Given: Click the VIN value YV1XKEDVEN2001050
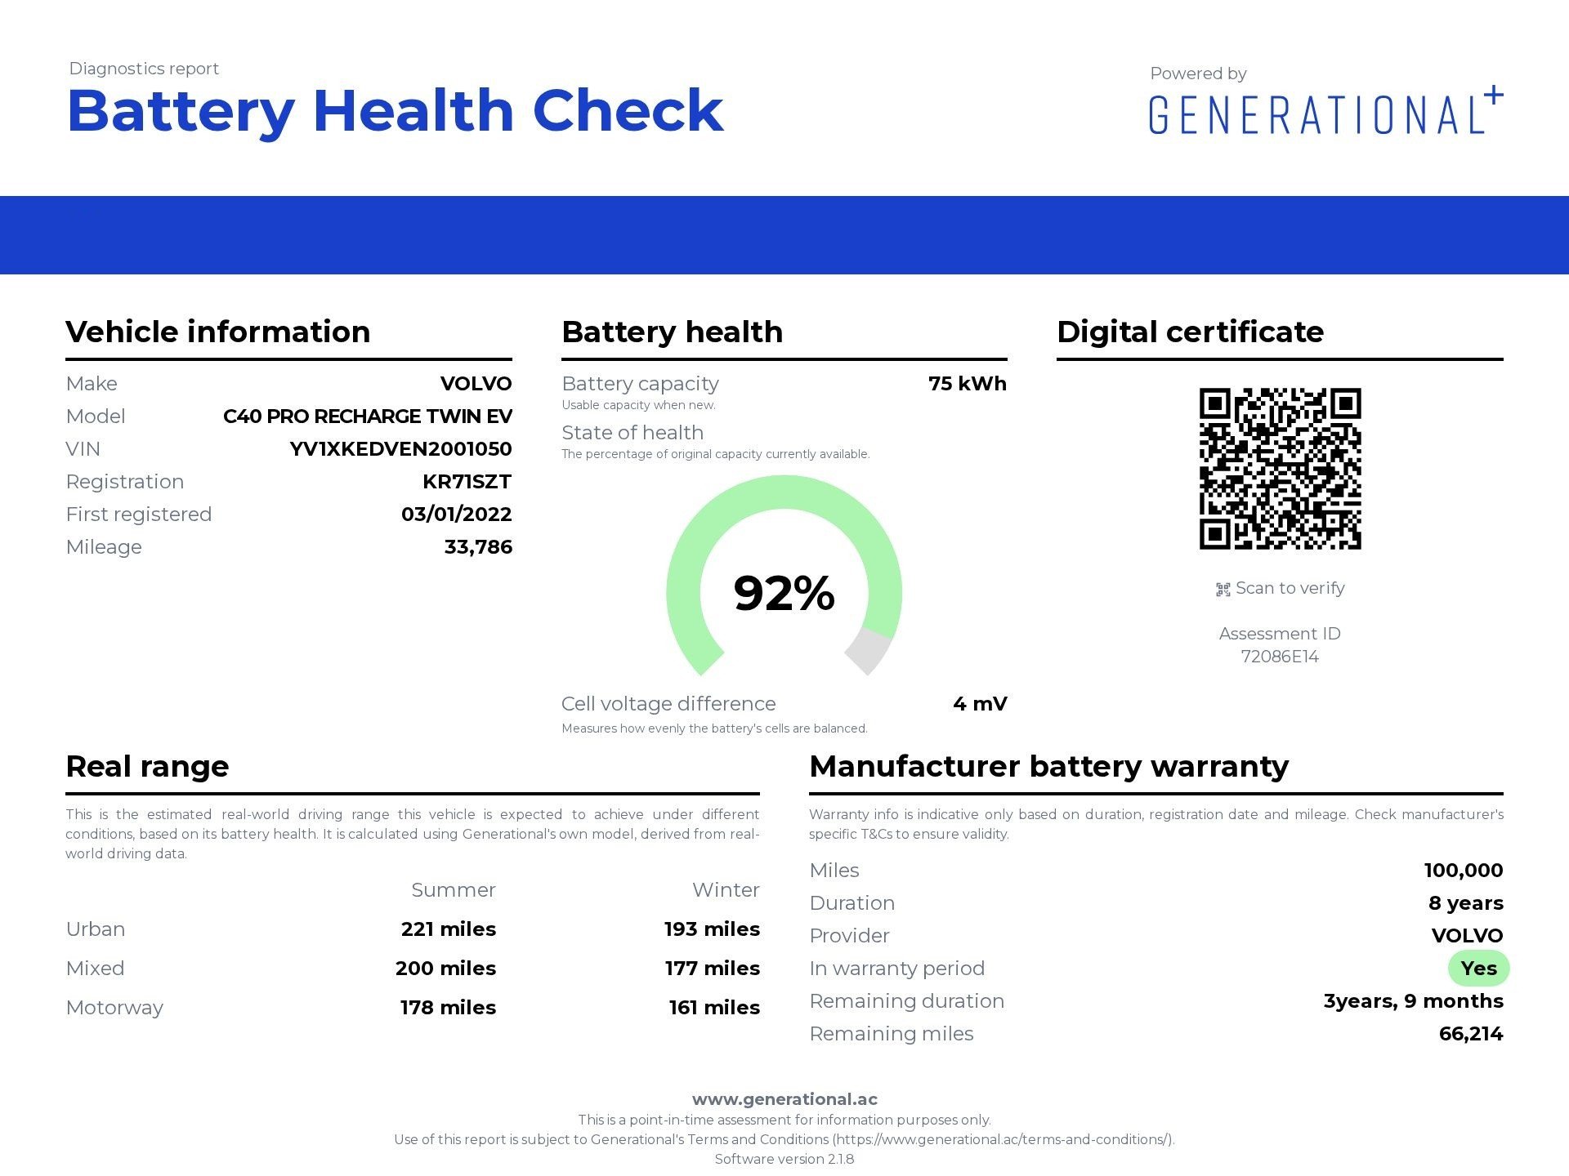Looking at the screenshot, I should click(400, 449).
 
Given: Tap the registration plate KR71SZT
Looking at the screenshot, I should click(467, 482).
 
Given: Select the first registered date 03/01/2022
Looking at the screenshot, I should click(456, 514).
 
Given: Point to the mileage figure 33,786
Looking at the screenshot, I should click(478, 547).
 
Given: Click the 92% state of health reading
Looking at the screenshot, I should click(784, 593).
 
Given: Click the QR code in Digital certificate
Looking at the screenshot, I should click(1280, 469).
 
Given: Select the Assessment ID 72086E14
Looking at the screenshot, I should click(1280, 657).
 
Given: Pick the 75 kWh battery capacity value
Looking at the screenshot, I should click(967, 384).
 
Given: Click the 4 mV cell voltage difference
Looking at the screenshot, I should click(980, 704).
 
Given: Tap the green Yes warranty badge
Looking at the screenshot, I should click(1478, 969).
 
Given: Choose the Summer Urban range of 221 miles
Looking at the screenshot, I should click(448, 929).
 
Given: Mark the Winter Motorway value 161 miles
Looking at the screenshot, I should click(714, 1008).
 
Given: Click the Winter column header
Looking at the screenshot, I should click(726, 890).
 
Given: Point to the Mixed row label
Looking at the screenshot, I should click(95, 969).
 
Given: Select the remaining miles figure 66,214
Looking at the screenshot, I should click(1470, 1034).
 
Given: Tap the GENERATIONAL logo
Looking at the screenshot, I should click(1324, 113).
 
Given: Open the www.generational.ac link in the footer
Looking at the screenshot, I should click(784, 1099).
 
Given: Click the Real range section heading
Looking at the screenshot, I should click(147, 767).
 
